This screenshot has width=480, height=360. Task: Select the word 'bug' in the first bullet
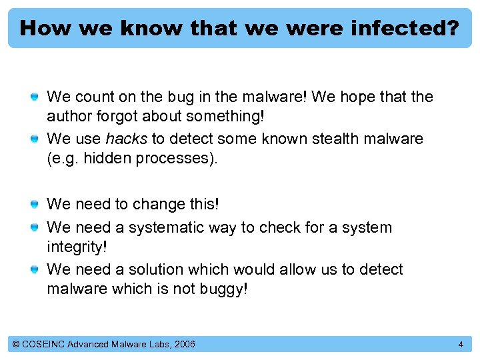[x=175, y=97]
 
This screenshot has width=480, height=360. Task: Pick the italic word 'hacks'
[x=127, y=139]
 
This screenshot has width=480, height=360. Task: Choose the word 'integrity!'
[x=76, y=246]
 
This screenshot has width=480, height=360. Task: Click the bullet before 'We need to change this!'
[x=34, y=205]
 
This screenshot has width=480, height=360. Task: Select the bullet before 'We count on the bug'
[x=34, y=98]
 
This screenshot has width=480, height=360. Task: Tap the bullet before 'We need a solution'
[x=34, y=270]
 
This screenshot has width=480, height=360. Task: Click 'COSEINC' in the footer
[x=44, y=344]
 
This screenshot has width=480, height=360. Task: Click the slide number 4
[x=460, y=344]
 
